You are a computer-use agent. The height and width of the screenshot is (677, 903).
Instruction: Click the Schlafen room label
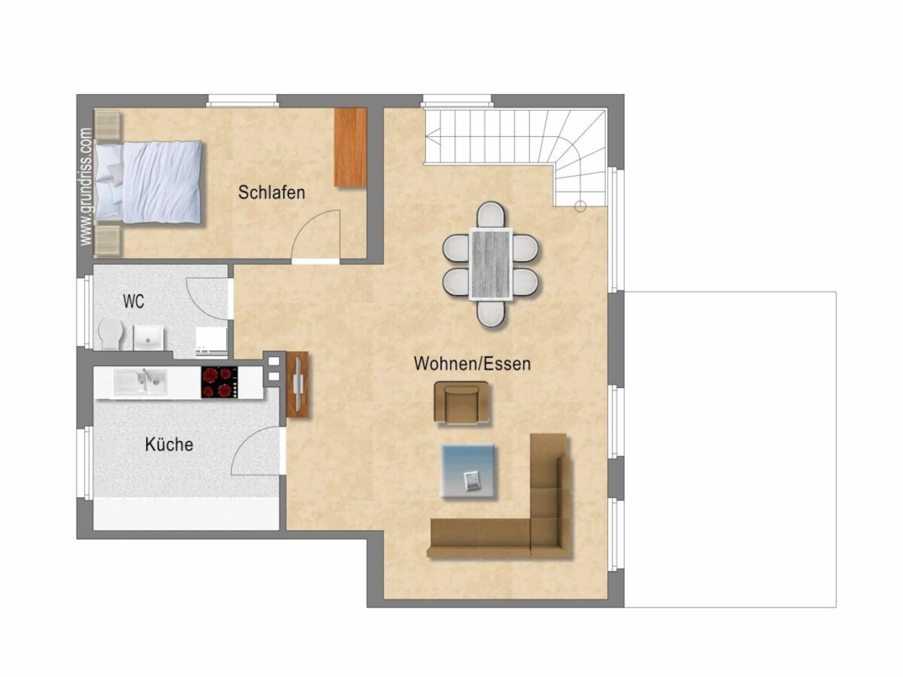(271, 192)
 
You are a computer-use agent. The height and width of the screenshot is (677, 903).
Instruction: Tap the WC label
(134, 301)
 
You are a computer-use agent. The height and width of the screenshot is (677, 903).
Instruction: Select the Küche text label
(169, 444)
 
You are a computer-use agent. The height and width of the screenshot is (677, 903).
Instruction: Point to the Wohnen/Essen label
(472, 363)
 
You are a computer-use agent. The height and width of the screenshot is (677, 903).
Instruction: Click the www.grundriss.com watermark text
(86, 186)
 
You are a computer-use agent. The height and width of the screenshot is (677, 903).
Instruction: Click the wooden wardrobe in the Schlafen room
(350, 147)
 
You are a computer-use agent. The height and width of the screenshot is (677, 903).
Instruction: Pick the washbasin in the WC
(149, 338)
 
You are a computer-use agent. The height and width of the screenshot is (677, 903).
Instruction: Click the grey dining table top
(491, 264)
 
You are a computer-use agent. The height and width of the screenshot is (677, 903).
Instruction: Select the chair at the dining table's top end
(491, 215)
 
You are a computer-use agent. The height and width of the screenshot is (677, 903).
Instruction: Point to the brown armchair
(461, 403)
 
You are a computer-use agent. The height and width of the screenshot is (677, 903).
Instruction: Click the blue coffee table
(468, 471)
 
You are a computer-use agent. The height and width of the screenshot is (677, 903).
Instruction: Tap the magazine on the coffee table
(472, 480)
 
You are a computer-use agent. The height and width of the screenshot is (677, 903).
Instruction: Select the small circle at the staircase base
(580, 206)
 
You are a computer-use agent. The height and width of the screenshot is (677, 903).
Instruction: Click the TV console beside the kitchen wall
(297, 384)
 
